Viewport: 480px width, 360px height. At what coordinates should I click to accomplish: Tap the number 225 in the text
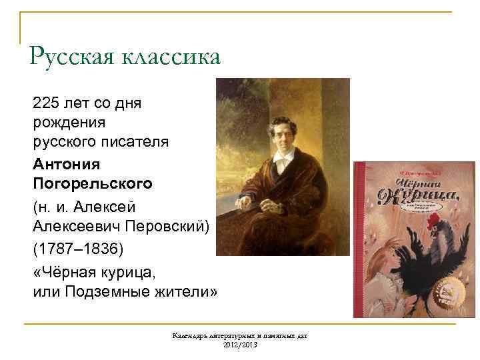(45, 103)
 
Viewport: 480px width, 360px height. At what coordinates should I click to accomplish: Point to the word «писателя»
(136, 142)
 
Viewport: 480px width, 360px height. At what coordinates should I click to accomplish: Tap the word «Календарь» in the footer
(191, 335)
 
